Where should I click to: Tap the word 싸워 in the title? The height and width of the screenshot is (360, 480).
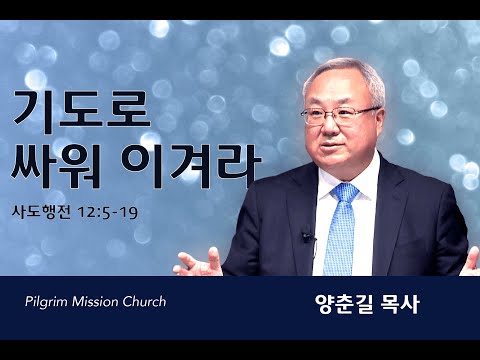tap(56, 166)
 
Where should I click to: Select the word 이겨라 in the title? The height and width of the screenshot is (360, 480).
tap(191, 166)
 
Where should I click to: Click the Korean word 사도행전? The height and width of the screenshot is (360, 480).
tap(41, 212)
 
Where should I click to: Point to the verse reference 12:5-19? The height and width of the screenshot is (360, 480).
tap(107, 213)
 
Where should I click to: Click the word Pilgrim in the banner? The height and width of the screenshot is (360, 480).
tap(46, 302)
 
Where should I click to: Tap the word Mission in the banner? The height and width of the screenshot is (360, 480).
tap(95, 302)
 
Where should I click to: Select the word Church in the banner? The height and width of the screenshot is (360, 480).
tap(144, 302)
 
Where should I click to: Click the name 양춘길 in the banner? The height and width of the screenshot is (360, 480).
tap(345, 304)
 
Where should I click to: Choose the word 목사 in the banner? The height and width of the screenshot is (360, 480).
tap(400, 304)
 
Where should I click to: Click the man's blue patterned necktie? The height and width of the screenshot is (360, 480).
tap(340, 230)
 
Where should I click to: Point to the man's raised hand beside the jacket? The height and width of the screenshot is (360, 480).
tap(198, 263)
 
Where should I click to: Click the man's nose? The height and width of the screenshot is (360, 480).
tap(327, 128)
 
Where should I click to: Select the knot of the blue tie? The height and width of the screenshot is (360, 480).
tap(345, 191)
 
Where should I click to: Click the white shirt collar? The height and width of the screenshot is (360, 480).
tap(350, 182)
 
